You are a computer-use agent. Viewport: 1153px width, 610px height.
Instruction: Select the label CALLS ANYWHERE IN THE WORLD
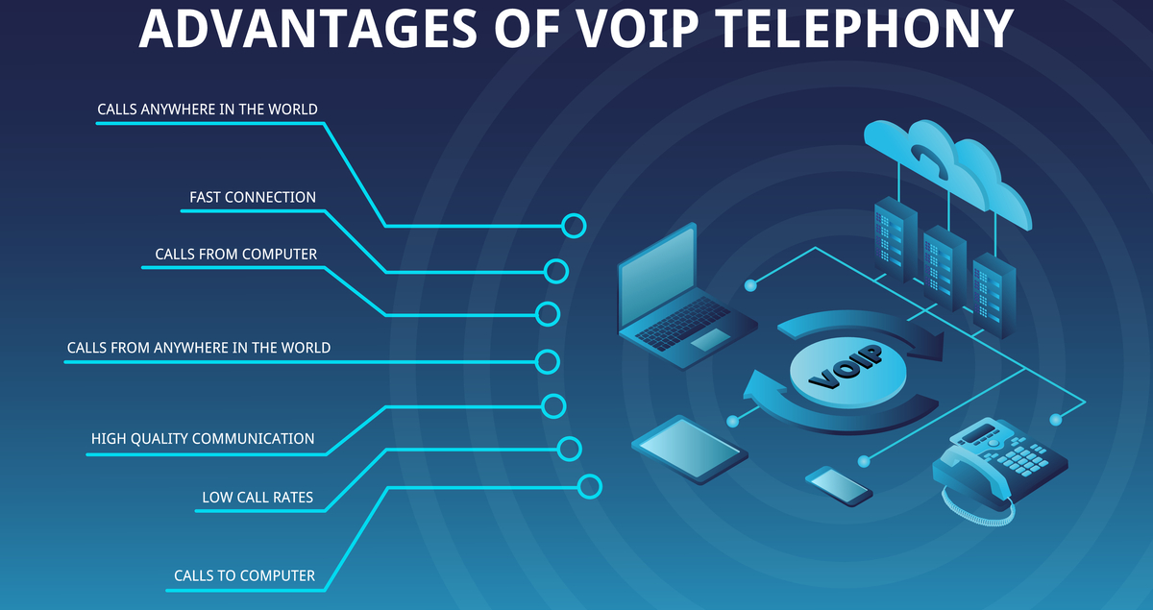pos(208,110)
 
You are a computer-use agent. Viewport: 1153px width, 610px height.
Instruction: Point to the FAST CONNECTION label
pos(253,198)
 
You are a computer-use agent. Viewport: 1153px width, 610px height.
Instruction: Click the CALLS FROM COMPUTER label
pos(236,255)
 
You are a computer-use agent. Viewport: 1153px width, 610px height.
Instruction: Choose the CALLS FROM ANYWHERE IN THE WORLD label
pos(199,348)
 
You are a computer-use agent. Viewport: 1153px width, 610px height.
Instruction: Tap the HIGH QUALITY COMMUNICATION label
pos(203,439)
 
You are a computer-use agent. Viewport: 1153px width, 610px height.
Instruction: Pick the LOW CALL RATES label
pos(258,498)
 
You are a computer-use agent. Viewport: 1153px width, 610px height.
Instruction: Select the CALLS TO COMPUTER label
pos(244,576)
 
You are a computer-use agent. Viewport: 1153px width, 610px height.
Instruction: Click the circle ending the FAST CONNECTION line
pos(556,271)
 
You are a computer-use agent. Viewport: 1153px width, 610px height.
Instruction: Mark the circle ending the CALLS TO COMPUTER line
pos(590,486)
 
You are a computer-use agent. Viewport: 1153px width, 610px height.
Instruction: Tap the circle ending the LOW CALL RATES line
pos(570,448)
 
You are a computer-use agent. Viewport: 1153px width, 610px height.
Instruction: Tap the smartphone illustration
pos(839,485)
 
